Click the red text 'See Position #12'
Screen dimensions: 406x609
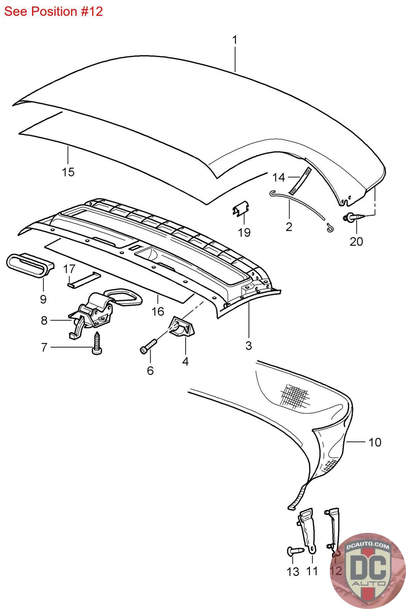coord(54,11)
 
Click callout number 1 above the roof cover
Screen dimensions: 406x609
coord(235,40)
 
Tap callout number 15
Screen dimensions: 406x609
coord(68,172)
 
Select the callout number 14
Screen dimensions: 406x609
coord(279,177)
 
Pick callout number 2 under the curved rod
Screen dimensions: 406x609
coord(289,227)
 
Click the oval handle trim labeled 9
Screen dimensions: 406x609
coord(29,265)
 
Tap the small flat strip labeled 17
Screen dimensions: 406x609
coord(84,279)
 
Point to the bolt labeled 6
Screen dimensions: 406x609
coord(148,345)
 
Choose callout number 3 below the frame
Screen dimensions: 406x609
coord(248,346)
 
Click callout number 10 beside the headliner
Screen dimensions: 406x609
coord(375,442)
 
